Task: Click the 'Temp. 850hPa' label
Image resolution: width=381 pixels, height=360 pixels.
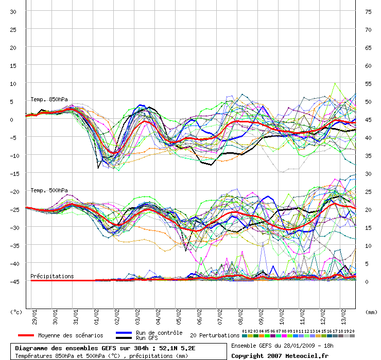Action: (49, 99)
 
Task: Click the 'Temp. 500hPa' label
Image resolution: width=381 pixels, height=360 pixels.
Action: (49, 190)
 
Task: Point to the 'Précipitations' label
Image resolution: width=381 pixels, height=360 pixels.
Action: (52, 276)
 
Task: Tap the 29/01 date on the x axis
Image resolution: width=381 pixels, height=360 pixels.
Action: (34, 317)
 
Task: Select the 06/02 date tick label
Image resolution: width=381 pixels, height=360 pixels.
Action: (199, 317)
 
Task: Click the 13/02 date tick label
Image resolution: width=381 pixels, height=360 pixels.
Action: (343, 317)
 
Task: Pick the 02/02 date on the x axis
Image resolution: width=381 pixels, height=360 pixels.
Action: (117, 317)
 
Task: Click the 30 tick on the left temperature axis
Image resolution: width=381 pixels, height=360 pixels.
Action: (13, 12)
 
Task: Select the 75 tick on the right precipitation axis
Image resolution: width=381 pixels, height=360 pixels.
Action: (368, 12)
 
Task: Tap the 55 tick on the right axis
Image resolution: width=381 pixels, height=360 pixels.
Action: (368, 84)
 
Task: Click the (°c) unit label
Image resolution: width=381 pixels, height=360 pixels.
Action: (16, 312)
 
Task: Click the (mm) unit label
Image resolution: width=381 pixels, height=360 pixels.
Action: (371, 312)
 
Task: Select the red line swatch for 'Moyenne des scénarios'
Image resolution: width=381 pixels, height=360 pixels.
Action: (26, 335)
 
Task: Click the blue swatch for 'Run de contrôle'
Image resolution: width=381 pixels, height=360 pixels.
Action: (124, 333)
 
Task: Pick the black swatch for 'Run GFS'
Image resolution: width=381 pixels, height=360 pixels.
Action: (124, 338)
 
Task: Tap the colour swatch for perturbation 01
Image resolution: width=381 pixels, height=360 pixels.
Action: (245, 336)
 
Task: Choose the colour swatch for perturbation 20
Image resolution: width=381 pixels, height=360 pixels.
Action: (352, 336)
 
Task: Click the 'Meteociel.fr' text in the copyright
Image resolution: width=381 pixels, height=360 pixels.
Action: (307, 356)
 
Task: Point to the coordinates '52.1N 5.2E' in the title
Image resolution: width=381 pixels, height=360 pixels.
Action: (177, 348)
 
